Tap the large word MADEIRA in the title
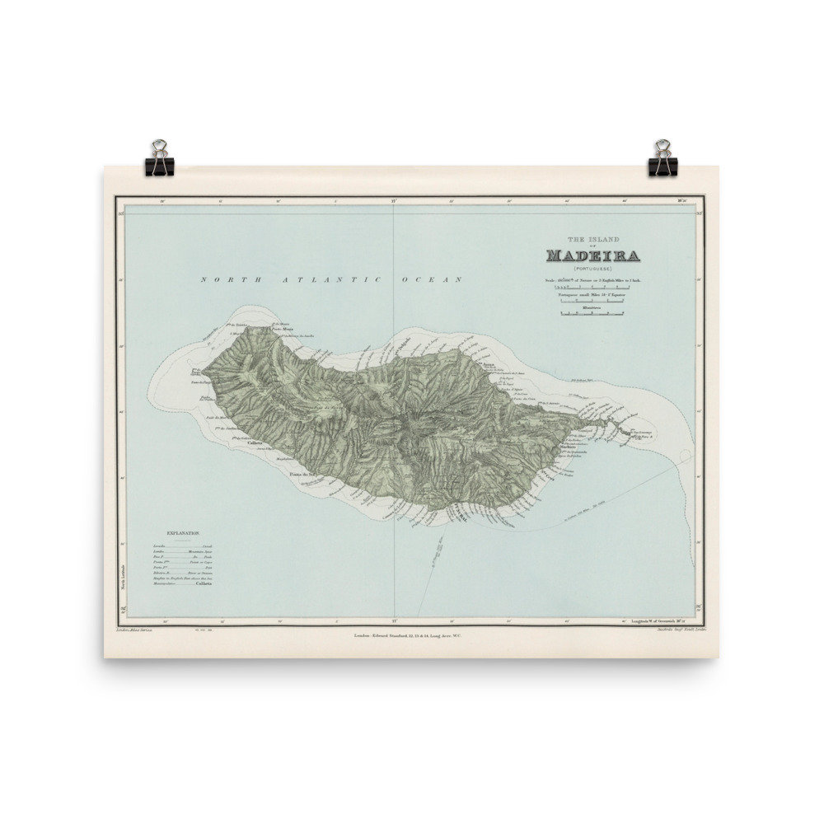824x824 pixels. [x=592, y=255]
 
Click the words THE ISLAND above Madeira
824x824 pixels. [x=592, y=238]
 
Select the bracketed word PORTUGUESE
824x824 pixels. [x=592, y=269]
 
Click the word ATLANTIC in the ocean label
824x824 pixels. [x=334, y=280]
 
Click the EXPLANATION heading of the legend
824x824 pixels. [x=182, y=534]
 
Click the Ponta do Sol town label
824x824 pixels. [x=303, y=475]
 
